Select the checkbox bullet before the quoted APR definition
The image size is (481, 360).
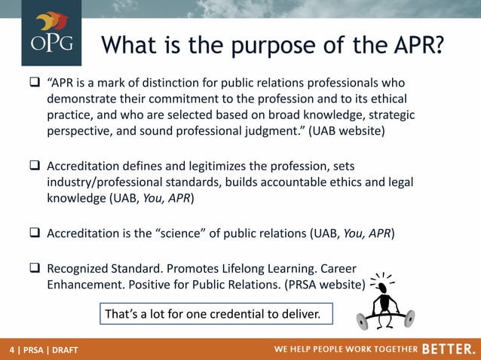click(35, 82)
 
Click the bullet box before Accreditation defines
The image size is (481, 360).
click(35, 166)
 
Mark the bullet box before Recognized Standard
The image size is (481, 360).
click(35, 268)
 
